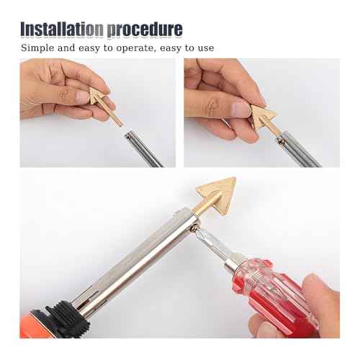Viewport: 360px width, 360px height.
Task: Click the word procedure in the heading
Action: coord(144,30)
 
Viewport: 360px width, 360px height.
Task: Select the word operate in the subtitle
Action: coord(145,48)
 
